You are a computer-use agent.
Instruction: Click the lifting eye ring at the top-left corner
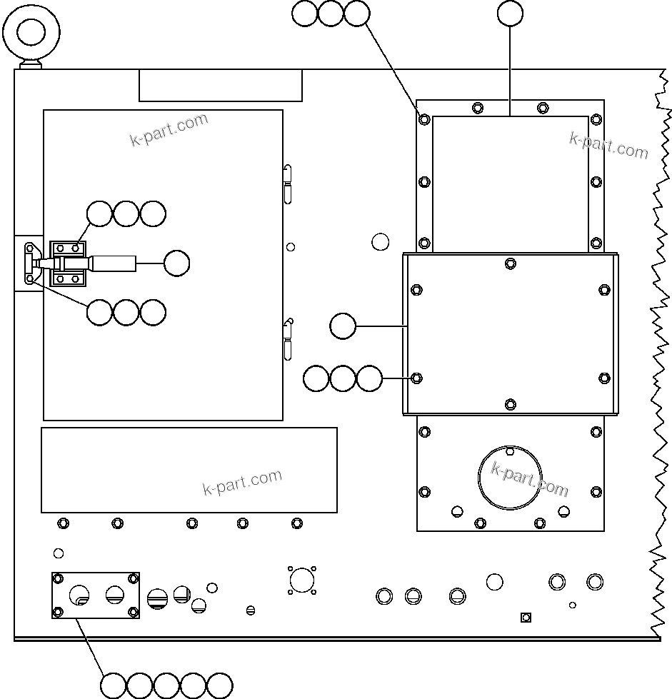coord(31,31)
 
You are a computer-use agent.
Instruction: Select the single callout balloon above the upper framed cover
coord(510,13)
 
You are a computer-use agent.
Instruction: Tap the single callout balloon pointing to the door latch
coord(176,263)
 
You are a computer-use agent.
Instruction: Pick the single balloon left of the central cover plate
coord(343,326)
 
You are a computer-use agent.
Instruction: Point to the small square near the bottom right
coord(526,617)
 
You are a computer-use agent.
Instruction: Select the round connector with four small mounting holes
coord(302,580)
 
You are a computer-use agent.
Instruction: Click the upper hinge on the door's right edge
coord(287,183)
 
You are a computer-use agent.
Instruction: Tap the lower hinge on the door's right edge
coord(287,340)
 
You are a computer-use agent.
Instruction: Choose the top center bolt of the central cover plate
coord(510,263)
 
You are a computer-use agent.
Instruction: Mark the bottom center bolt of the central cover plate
coord(510,404)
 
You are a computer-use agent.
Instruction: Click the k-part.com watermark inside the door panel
coord(169,129)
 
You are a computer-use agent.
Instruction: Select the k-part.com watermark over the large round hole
coord(530,478)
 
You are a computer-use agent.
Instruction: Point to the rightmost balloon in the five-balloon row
coord(220,685)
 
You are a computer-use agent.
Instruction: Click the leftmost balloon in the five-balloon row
coord(113,685)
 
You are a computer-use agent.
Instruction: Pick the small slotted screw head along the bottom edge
coord(250,610)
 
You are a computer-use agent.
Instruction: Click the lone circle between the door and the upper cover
coord(381,241)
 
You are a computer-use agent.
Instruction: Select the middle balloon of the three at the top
coord(331,14)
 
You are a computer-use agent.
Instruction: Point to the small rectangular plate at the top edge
coord(220,86)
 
